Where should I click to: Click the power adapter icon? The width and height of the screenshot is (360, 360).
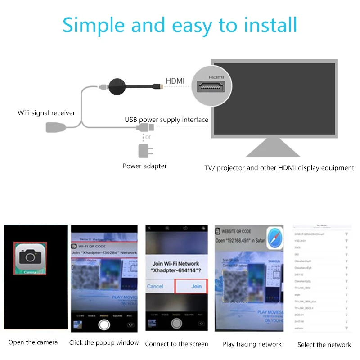click(x=145, y=150)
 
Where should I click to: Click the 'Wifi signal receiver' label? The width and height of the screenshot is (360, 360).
click(x=46, y=113)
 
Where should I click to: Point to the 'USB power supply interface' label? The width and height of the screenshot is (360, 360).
click(x=166, y=120)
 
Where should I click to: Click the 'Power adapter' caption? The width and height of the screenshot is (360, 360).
click(x=144, y=166)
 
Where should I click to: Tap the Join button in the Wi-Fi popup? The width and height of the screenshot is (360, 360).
click(x=196, y=286)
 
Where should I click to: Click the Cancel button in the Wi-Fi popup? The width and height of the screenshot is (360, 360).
click(x=155, y=286)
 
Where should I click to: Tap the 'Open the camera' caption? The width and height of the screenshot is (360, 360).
click(x=33, y=342)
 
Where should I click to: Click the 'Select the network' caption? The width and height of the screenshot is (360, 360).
click(x=324, y=345)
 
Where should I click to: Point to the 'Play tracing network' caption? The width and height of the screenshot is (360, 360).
click(x=252, y=344)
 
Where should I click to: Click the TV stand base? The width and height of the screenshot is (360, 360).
click(x=273, y=148)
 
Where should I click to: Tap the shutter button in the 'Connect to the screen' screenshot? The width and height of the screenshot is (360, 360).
click(x=177, y=323)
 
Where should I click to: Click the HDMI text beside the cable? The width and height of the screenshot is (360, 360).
click(x=175, y=81)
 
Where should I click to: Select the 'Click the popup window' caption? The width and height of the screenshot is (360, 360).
click(x=104, y=342)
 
